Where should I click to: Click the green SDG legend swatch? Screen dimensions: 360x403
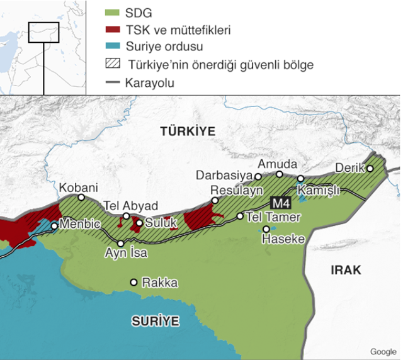[x=111, y=13]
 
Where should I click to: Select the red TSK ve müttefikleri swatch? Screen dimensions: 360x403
[x=111, y=30]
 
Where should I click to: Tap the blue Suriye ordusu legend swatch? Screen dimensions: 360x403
[x=111, y=47]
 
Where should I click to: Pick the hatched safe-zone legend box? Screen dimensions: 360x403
[x=111, y=64]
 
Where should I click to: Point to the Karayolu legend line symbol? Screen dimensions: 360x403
[x=111, y=82]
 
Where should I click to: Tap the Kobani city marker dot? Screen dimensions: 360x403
[x=81, y=198]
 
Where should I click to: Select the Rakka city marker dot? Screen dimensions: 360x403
[x=133, y=283]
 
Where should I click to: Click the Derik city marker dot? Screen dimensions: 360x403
[x=370, y=168]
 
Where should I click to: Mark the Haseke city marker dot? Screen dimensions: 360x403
[x=266, y=229]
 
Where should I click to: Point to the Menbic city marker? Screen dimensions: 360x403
[x=55, y=225]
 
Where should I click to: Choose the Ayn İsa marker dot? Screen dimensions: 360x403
[x=121, y=244]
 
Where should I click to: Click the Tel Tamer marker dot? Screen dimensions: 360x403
[x=240, y=216]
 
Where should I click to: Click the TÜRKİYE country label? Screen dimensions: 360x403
[x=187, y=132]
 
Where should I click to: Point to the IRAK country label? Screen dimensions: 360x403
[x=346, y=270]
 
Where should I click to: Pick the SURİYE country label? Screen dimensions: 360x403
[x=155, y=321]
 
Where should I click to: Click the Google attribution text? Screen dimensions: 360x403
[x=383, y=352]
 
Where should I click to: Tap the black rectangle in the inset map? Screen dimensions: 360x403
[x=43, y=33]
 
